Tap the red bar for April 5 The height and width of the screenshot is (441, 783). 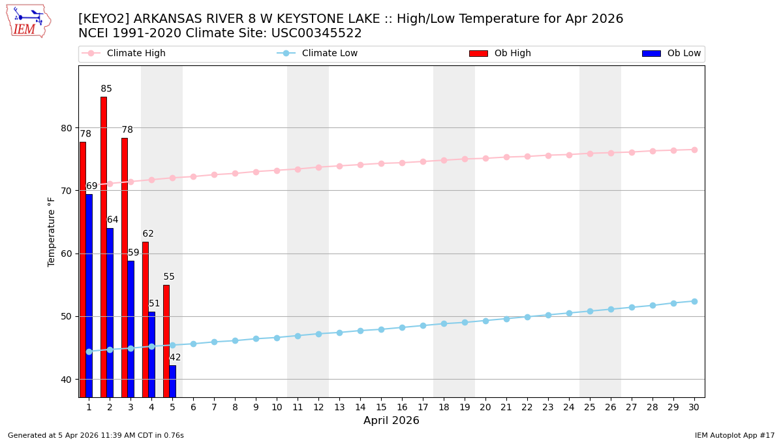click(x=166, y=340)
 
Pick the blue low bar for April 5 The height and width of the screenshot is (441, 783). click(x=172, y=381)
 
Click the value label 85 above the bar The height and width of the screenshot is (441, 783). click(x=106, y=89)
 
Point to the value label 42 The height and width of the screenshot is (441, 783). click(x=176, y=357)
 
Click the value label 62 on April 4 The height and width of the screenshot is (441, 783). click(x=148, y=234)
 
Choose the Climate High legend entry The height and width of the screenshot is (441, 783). click(x=136, y=54)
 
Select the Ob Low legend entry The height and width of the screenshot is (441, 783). click(x=683, y=54)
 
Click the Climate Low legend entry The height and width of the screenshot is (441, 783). click(x=330, y=54)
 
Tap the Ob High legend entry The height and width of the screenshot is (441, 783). click(x=512, y=54)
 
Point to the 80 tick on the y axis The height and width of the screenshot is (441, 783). click(x=67, y=128)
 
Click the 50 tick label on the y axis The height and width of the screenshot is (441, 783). click(x=67, y=316)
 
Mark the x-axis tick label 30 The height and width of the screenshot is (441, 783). click(x=694, y=407)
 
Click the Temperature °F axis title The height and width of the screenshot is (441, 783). click(x=52, y=231)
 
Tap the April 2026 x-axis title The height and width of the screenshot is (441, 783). click(x=391, y=421)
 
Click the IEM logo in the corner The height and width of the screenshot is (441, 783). click(x=28, y=20)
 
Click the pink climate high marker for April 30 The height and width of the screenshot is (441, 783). click(x=694, y=150)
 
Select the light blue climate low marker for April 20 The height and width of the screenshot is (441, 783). click(x=485, y=321)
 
